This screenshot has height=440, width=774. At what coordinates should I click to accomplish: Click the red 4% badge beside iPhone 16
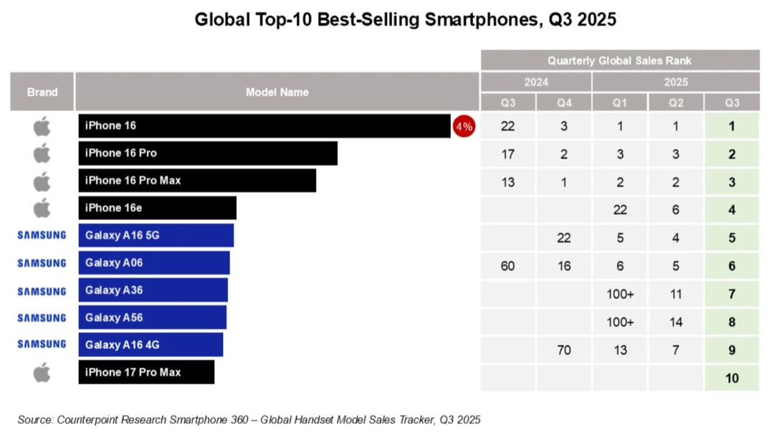464,127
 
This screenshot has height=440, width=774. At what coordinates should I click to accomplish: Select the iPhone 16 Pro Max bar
197,181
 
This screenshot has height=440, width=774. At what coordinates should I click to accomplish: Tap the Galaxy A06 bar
154,263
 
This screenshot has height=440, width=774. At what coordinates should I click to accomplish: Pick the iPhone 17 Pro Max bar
146,372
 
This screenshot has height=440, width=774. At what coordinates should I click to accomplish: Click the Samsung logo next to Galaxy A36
42,291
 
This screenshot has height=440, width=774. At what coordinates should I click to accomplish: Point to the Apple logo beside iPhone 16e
42,208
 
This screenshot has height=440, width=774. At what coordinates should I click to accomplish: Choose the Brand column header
42,92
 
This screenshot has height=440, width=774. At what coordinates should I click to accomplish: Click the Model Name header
277,92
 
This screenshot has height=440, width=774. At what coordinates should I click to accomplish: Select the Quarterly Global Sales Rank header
619,61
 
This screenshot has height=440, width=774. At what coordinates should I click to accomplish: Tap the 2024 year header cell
536,82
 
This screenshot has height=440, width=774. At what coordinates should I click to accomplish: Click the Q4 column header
564,102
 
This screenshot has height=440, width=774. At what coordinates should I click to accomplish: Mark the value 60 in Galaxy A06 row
508,267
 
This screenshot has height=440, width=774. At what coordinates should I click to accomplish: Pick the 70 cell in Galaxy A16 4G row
564,350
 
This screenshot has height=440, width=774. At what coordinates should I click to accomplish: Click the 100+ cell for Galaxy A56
620,322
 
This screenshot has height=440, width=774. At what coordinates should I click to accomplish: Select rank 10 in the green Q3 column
732,378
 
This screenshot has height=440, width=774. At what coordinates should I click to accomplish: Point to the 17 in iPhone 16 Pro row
508,154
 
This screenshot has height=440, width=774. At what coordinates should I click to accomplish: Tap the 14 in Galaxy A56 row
676,322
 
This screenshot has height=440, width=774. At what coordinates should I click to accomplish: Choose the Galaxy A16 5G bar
156,235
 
